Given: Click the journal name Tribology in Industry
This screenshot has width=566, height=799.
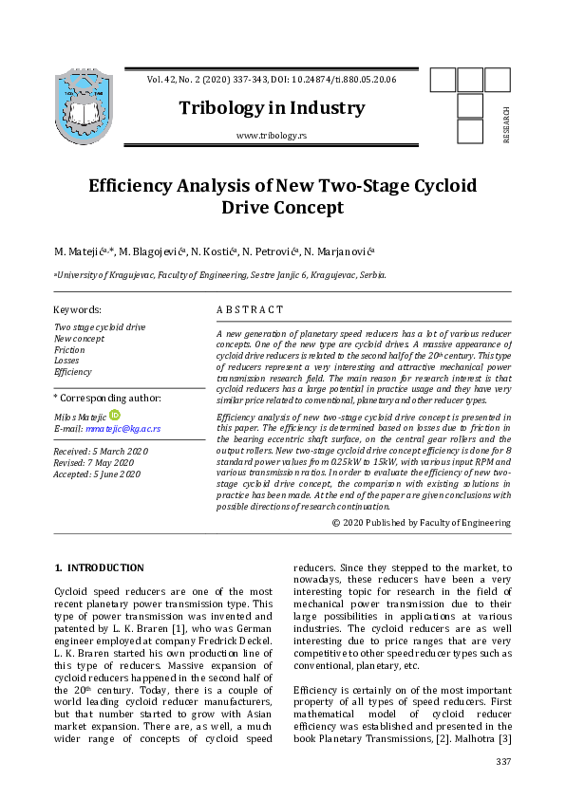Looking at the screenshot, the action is click(272, 107).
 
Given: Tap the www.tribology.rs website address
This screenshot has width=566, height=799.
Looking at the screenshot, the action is click(272, 137).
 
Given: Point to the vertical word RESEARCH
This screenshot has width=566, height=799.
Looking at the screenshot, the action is click(506, 123).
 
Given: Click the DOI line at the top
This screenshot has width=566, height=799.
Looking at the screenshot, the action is click(272, 79).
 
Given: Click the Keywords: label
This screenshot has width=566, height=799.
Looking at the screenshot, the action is click(77, 309).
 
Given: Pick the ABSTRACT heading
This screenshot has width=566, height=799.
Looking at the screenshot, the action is click(250, 309).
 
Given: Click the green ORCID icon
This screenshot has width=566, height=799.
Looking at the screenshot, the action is click(115, 415).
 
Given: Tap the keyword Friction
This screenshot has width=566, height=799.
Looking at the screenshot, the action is click(69, 350).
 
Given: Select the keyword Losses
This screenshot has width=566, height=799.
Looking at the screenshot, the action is click(66, 362).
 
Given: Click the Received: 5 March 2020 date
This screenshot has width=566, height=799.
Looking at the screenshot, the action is click(100, 451).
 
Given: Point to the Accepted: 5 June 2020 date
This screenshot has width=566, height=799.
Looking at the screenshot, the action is click(97, 474).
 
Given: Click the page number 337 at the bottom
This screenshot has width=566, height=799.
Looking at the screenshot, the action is click(503, 763).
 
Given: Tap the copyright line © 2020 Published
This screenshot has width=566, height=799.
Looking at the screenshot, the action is click(421, 523).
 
